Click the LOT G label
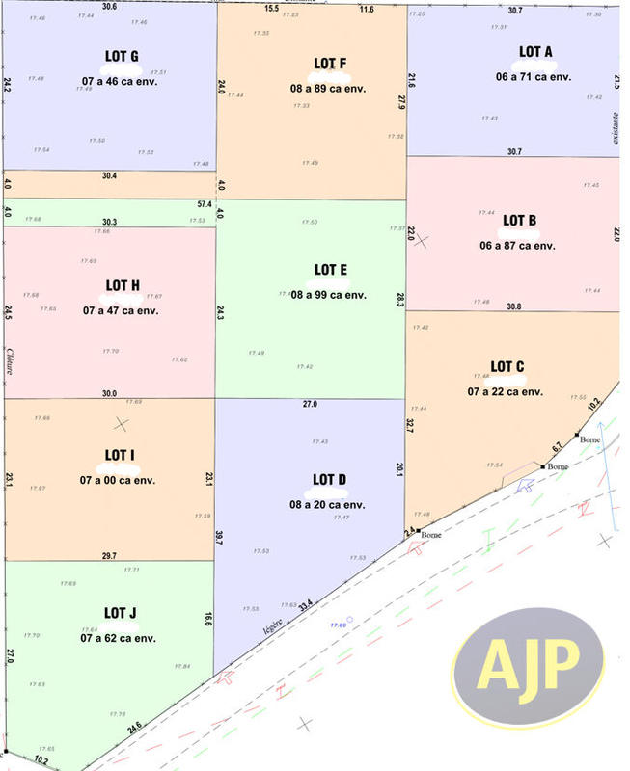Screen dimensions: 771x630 tap(122, 56)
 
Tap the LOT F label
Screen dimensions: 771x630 tap(330, 64)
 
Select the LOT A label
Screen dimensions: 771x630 tap(535, 52)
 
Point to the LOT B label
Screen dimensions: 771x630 tap(519, 221)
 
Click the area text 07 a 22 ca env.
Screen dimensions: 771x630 tap(506, 391)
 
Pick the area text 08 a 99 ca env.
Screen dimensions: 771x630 tap(329, 294)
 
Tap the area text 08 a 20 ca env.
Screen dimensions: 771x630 tap(328, 504)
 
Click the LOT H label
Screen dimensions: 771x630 tap(123, 285)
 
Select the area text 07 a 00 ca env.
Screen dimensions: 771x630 tap(119, 479)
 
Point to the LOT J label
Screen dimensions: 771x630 tap(122, 613)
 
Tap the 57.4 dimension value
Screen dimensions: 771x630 tap(205, 205)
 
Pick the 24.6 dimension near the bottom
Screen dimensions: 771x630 tap(133, 725)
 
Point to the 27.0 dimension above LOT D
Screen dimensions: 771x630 tap(310, 405)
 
